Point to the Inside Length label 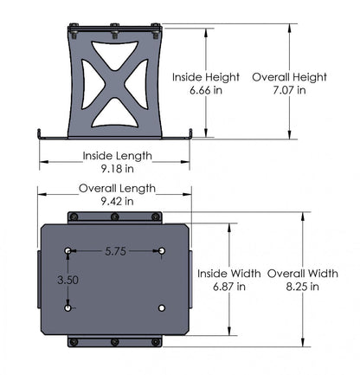pyautogui.click(x=117, y=157)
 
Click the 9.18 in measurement pyautogui.click(x=117, y=171)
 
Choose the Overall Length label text pyautogui.click(x=117, y=188)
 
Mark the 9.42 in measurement pyautogui.click(x=117, y=201)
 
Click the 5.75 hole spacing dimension pyautogui.click(x=116, y=251)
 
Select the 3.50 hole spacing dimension pyautogui.click(x=68, y=280)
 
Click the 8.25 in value pyautogui.click(x=302, y=287)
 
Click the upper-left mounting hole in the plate pyautogui.click(x=68, y=251)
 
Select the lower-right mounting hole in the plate pyautogui.click(x=163, y=307)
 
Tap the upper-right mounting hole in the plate pyautogui.click(x=163, y=251)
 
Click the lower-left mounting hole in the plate pyautogui.click(x=68, y=307)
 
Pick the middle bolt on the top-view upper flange pyautogui.click(x=116, y=215)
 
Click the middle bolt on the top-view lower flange pyautogui.click(x=116, y=342)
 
